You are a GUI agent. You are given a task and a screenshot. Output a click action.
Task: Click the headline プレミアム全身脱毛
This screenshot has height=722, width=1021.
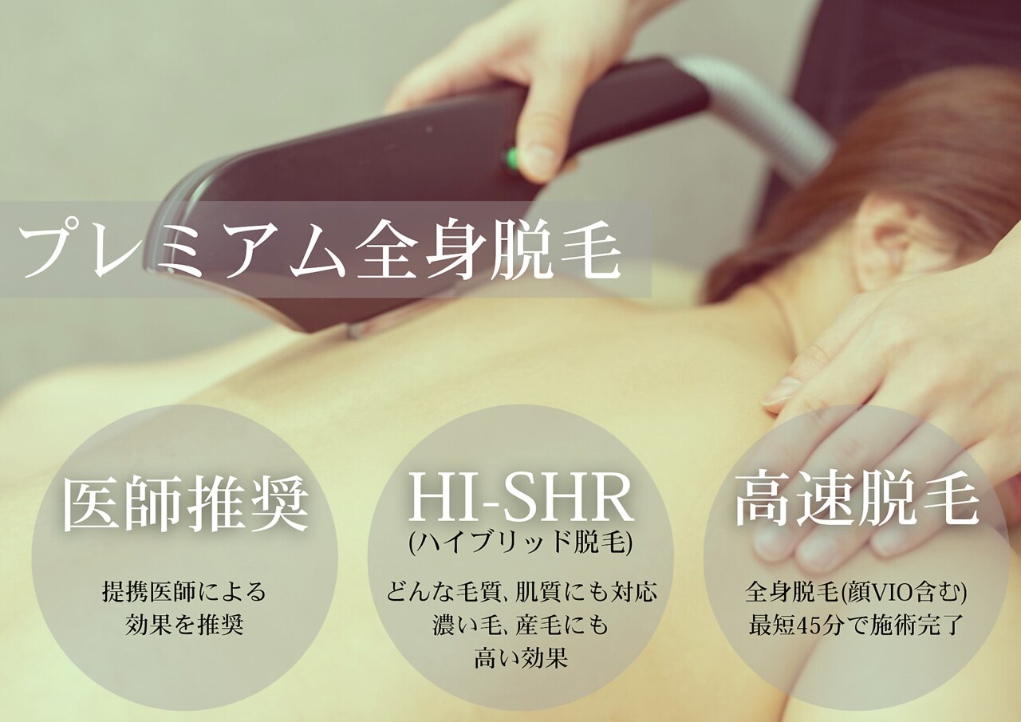[319, 250]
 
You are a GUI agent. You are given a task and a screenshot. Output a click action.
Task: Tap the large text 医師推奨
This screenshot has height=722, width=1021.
[185, 505]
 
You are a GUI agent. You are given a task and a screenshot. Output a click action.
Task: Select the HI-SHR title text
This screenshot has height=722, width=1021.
[521, 499]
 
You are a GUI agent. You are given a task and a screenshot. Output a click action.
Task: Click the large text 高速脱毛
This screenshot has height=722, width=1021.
[857, 501]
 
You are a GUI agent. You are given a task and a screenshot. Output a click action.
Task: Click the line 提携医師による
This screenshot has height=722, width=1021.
[184, 592]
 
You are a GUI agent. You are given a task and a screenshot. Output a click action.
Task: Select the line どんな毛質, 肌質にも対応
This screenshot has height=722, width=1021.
[521, 593]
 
